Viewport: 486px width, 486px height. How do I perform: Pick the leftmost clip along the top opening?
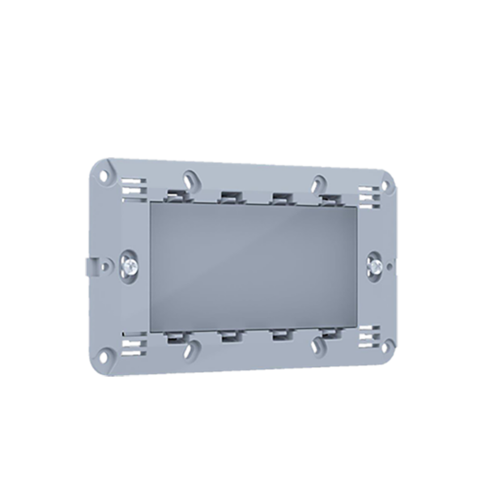tap(175, 194)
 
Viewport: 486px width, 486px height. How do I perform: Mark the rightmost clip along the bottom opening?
tap(328, 333)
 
